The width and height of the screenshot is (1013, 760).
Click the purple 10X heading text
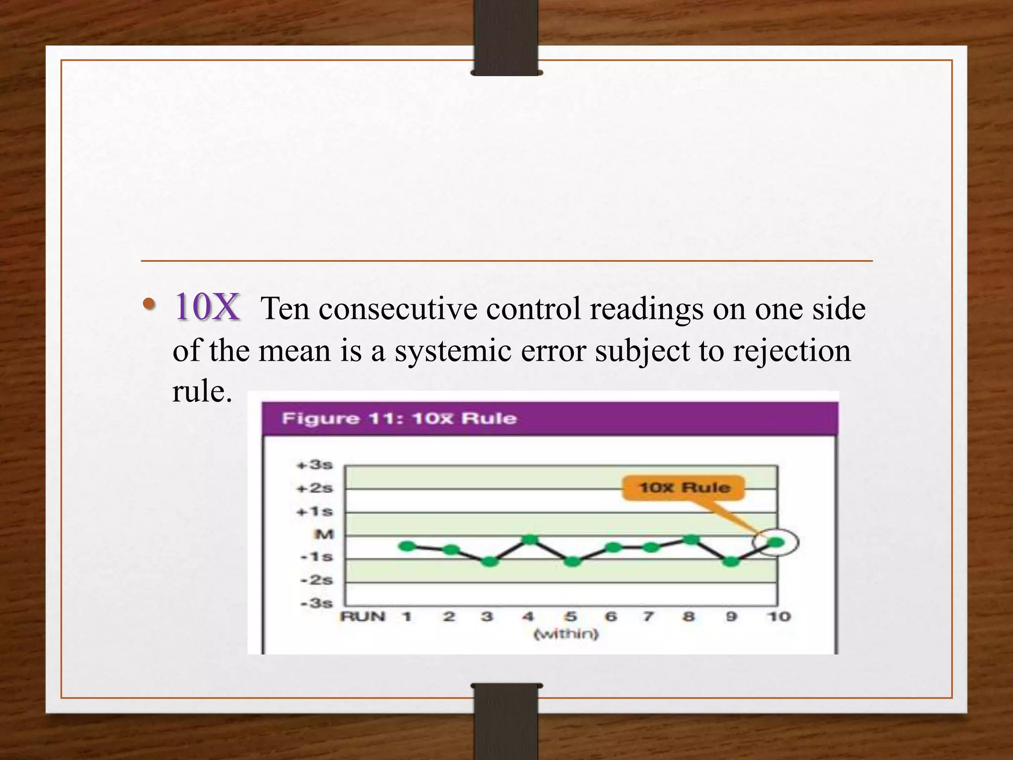(208, 307)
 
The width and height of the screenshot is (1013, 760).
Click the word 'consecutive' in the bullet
(398, 309)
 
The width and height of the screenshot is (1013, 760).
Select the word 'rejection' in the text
(791, 351)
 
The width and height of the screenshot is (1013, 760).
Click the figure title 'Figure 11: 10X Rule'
(399, 419)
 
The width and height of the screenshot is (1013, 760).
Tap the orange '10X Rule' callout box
(684, 487)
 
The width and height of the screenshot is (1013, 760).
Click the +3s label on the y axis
(315, 465)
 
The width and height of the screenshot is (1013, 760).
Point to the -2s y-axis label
(317, 580)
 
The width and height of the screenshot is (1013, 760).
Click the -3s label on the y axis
(317, 603)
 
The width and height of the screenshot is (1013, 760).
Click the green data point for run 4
(530, 539)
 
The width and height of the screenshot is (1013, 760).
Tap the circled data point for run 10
(776, 543)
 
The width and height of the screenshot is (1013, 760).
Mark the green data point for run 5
(572, 562)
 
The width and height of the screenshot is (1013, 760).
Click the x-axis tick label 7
(648, 617)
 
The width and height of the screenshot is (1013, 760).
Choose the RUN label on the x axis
(363, 617)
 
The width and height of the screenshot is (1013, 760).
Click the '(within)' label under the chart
(566, 634)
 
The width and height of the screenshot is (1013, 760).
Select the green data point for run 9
(732, 562)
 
